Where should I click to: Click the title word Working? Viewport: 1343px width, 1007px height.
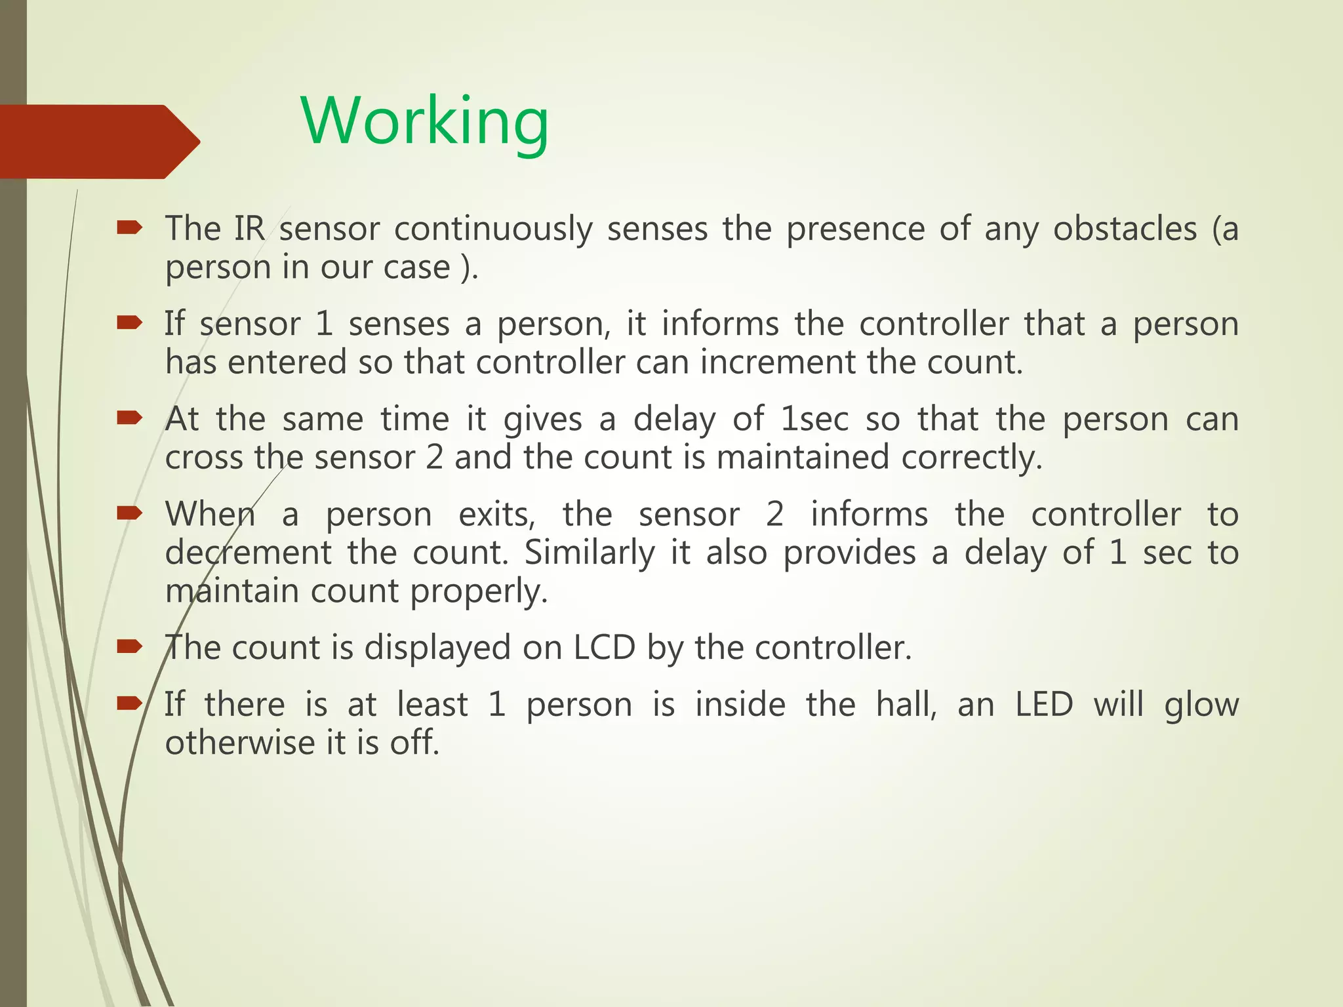(x=424, y=122)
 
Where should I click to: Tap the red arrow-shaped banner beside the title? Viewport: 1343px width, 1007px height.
(x=98, y=142)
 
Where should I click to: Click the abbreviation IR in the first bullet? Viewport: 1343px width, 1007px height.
(x=249, y=229)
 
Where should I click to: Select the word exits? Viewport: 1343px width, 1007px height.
(x=496, y=515)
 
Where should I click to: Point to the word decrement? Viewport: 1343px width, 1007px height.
(x=248, y=553)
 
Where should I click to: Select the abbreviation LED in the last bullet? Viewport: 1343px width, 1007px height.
(x=1044, y=705)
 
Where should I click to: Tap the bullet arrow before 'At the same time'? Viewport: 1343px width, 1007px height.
(x=129, y=418)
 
